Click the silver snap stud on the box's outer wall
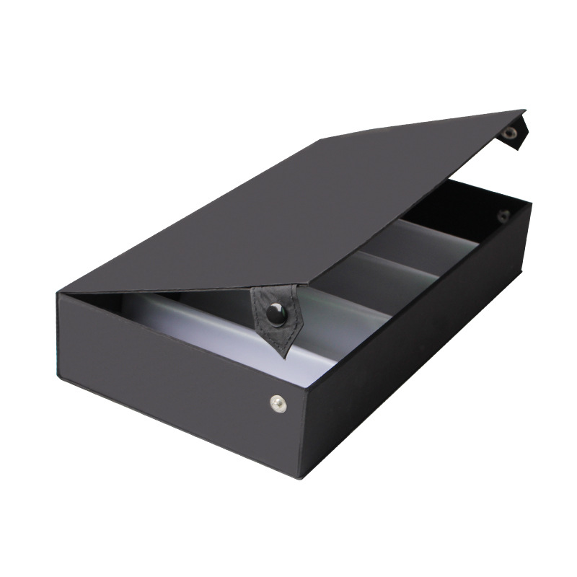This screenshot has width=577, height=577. point(278,403)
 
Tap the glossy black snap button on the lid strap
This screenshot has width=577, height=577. point(275,312)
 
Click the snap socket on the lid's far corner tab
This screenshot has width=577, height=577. point(511,133)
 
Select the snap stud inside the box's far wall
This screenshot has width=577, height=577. point(503,215)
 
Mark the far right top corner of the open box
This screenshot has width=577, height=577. point(532,204)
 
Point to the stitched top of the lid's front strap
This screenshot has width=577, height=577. point(273,293)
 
